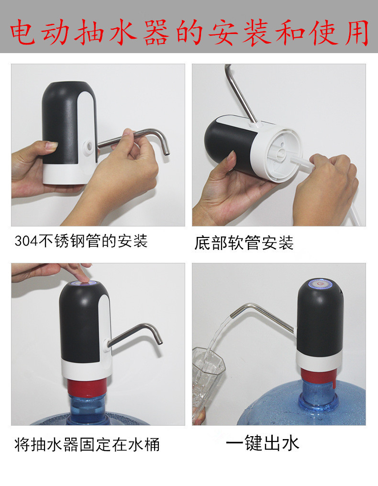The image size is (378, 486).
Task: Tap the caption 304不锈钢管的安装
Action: click(81, 241)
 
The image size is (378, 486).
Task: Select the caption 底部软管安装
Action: click(244, 243)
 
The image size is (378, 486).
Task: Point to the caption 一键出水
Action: click(263, 442)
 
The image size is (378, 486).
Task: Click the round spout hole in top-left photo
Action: click(89, 146)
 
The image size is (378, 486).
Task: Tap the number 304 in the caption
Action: click(22, 241)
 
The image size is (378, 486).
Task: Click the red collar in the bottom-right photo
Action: click(318, 377)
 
